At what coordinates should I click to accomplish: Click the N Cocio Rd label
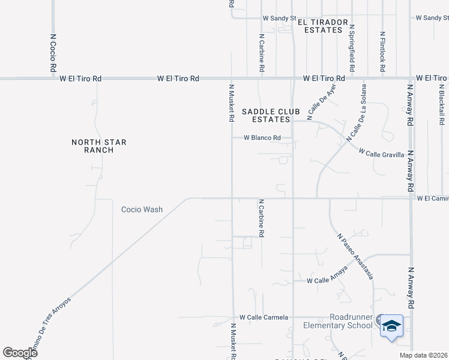click(x=53, y=52)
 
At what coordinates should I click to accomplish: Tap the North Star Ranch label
click(x=92, y=146)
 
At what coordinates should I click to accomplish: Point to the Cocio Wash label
click(x=142, y=209)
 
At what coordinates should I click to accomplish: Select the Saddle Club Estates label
click(x=267, y=115)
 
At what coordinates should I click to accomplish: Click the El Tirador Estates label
click(x=326, y=26)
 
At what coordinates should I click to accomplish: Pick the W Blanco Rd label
click(x=262, y=138)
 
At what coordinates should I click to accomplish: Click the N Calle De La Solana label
click(x=355, y=124)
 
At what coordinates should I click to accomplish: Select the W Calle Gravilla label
click(x=381, y=154)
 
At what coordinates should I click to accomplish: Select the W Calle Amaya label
click(x=327, y=280)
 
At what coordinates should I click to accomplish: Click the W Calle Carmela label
click(x=264, y=317)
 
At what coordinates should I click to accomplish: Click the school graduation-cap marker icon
click(x=391, y=326)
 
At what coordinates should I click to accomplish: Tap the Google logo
click(x=20, y=353)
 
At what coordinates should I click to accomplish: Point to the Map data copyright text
click(x=423, y=355)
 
